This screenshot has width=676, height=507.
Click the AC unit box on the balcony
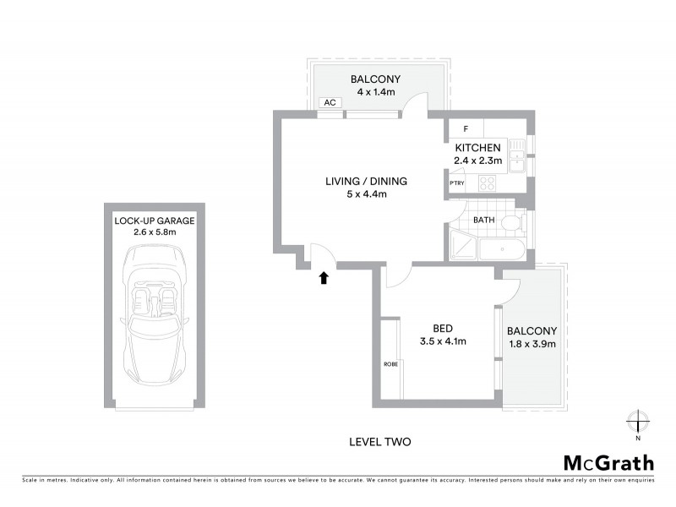(x=330, y=103)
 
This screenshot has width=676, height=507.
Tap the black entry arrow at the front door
(x=323, y=277)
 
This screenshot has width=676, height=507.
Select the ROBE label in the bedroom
(x=390, y=363)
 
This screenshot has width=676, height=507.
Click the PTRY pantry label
(x=457, y=183)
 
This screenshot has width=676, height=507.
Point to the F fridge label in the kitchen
(x=466, y=129)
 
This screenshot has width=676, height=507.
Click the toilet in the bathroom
(x=510, y=223)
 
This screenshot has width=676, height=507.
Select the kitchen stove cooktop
(x=488, y=183)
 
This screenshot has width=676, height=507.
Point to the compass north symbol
(x=638, y=421)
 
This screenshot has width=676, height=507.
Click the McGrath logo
(x=608, y=462)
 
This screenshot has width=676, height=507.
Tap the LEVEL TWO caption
(x=379, y=441)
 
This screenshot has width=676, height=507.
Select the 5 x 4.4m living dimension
(x=366, y=194)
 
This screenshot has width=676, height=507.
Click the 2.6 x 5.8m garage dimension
(x=155, y=232)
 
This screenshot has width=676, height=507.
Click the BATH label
(x=483, y=221)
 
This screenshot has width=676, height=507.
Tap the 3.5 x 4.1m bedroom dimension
(x=444, y=341)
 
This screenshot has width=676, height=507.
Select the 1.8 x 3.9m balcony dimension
(x=532, y=344)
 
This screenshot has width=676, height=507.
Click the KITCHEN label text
(x=478, y=148)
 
